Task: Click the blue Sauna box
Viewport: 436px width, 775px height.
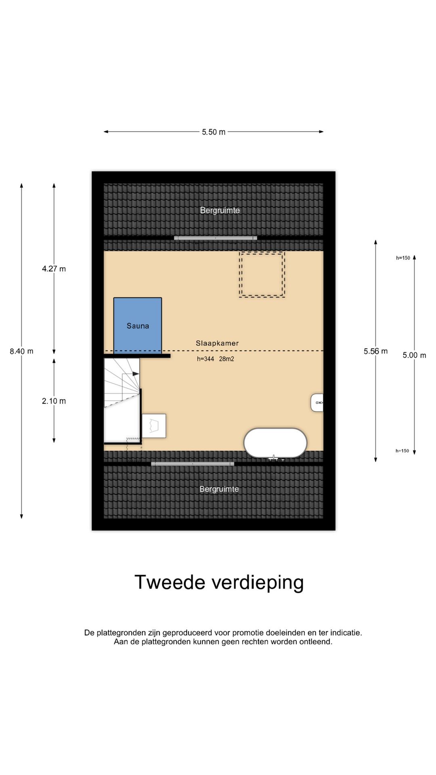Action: pyautogui.click(x=138, y=325)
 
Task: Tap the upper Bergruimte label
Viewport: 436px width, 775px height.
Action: pyautogui.click(x=220, y=210)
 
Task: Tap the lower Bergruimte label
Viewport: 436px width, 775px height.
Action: pyautogui.click(x=219, y=489)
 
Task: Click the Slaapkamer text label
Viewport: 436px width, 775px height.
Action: pyautogui.click(x=217, y=343)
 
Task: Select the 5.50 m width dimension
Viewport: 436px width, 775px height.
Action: pyautogui.click(x=214, y=132)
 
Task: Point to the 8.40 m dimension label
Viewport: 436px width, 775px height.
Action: pyautogui.click(x=21, y=351)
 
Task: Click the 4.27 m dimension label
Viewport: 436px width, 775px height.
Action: pyautogui.click(x=54, y=269)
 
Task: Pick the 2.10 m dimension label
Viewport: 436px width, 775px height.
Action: pyautogui.click(x=54, y=401)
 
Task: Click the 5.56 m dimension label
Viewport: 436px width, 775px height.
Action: pyautogui.click(x=375, y=351)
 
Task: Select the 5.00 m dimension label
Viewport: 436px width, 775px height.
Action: pyautogui.click(x=414, y=355)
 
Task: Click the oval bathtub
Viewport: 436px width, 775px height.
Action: pyautogui.click(x=275, y=443)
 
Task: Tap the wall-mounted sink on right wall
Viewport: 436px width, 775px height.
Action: pyautogui.click(x=317, y=402)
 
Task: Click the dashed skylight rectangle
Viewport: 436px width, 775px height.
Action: pyautogui.click(x=262, y=274)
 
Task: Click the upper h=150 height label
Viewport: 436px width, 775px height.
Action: pyautogui.click(x=403, y=258)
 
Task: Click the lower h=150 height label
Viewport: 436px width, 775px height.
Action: pyautogui.click(x=402, y=451)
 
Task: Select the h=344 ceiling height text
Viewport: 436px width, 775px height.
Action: pyautogui.click(x=205, y=359)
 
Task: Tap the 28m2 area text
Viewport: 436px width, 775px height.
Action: pyautogui.click(x=226, y=359)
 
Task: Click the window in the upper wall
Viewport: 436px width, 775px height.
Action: pyautogui.click(x=216, y=238)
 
